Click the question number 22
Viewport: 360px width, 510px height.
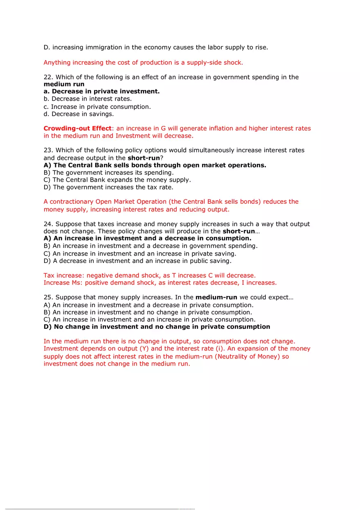(48, 77)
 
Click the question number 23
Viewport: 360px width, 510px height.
(48, 150)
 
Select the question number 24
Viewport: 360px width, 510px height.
(48, 224)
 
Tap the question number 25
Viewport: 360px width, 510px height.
(48, 297)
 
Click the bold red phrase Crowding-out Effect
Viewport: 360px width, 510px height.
(77, 128)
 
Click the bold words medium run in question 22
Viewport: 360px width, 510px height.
(64, 84)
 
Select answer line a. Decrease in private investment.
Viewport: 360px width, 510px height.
(101, 92)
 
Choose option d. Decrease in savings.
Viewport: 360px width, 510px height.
(79, 114)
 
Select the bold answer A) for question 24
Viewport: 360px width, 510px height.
(147, 238)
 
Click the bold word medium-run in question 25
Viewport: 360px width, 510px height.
(216, 297)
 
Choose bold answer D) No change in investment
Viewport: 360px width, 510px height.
(157, 327)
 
